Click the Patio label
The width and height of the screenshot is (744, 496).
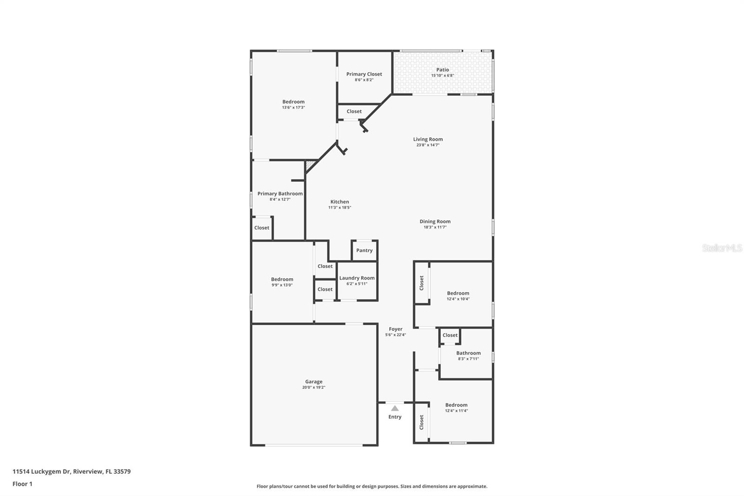tap(442, 70)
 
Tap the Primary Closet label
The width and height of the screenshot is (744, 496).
tap(364, 74)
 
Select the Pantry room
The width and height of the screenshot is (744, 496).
tap(364, 250)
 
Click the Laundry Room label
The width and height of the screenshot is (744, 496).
tap(357, 278)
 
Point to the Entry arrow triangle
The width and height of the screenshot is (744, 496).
tap(395, 408)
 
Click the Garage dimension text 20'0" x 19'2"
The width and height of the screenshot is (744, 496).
tap(313, 387)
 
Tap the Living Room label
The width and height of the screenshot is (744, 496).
tap(428, 139)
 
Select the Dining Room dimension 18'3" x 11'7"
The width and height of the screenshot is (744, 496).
tap(435, 227)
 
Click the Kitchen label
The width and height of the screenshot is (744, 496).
tap(339, 202)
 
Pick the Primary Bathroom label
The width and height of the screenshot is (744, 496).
tap(280, 194)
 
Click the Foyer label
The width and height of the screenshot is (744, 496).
tap(395, 329)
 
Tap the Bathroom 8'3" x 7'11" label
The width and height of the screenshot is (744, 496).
tap(468, 353)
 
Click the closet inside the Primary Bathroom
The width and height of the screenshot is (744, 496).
tap(261, 228)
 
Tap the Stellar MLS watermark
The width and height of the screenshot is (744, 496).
tap(722, 248)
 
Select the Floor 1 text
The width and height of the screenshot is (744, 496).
tap(22, 484)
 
